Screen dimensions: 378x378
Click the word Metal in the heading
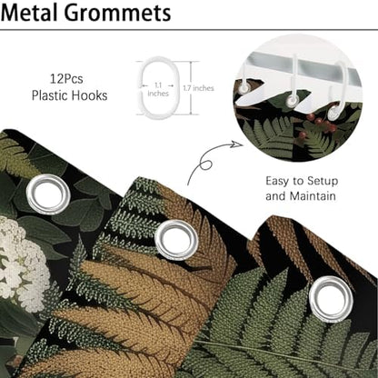(x=29, y=13)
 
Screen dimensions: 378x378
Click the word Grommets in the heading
(x=118, y=13)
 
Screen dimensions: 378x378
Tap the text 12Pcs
(x=66, y=79)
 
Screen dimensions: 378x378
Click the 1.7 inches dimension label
(x=198, y=88)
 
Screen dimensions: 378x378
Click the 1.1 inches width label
(x=158, y=89)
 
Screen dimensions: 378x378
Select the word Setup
(x=323, y=182)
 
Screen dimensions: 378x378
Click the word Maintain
(x=313, y=196)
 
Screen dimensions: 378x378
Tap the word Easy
(x=277, y=182)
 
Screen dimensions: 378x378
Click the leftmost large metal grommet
(x=48, y=194)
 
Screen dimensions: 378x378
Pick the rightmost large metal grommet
(x=332, y=299)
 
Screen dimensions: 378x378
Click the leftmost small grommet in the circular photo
(x=244, y=88)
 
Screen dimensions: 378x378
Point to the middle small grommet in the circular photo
(x=293, y=100)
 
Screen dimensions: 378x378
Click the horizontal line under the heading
(x=189, y=30)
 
